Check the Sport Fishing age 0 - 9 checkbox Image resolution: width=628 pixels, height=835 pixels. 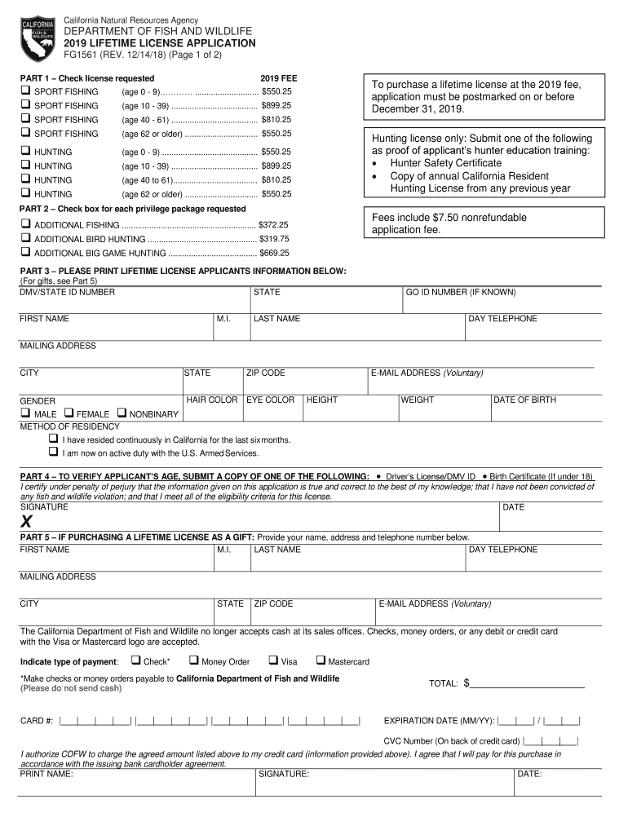(25, 91)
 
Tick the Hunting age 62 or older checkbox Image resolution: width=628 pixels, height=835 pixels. (25, 193)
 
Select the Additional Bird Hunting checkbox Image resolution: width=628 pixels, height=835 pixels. (25, 238)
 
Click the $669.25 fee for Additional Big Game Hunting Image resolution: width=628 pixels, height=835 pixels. (274, 253)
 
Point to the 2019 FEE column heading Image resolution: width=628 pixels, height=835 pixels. (278, 77)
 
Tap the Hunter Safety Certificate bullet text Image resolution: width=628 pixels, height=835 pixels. (445, 163)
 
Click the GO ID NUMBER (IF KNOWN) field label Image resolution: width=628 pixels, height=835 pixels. (461, 292)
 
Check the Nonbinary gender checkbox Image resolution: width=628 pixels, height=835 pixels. (122, 413)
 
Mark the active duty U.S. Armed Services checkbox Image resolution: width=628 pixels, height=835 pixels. (54, 452)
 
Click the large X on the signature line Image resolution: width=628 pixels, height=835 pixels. (27, 522)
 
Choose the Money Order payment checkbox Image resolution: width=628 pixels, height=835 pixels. (194, 660)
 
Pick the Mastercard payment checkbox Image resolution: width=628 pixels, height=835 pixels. (321, 660)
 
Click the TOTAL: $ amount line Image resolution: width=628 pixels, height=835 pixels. (527, 683)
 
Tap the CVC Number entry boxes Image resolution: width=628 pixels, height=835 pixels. (551, 740)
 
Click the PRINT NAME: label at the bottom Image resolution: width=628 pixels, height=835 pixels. (46, 774)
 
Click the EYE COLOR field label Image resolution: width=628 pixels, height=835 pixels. (270, 400)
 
